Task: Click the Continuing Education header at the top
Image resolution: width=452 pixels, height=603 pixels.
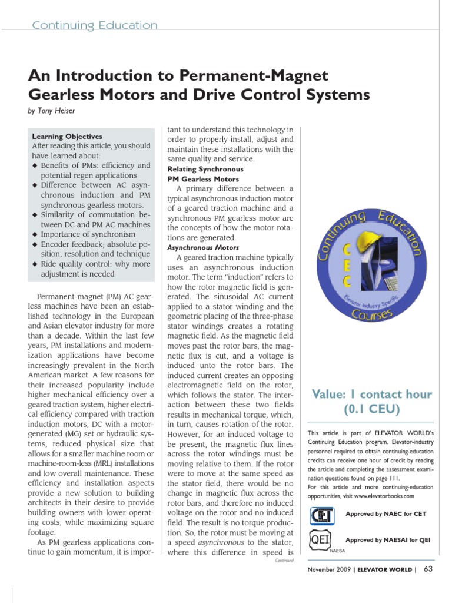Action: click(x=94, y=25)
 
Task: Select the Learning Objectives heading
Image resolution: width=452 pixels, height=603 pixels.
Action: click(x=67, y=137)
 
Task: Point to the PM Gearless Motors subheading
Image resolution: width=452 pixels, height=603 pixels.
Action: click(x=203, y=179)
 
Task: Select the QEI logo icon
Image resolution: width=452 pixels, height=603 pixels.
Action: click(x=321, y=540)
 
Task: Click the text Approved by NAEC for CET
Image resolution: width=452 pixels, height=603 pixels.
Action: click(x=385, y=514)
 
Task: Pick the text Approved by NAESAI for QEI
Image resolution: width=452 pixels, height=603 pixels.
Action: click(x=385, y=540)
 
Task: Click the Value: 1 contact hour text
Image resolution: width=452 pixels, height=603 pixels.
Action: click(x=371, y=394)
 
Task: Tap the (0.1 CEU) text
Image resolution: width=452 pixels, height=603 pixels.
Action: click(x=371, y=409)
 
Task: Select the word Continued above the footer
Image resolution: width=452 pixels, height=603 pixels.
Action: click(x=284, y=561)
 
